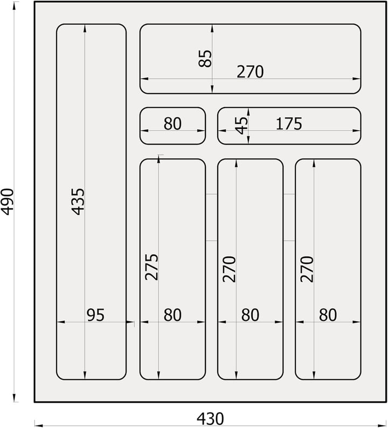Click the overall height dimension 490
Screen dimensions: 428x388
point(7,201)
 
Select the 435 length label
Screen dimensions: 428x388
point(79,201)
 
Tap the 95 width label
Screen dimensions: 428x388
point(95,315)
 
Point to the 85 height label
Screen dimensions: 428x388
point(205,58)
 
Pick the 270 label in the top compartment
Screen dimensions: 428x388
point(250,72)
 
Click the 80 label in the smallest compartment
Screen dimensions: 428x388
point(172,123)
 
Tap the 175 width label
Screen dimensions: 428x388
point(289,123)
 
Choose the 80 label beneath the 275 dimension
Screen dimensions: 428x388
point(172,315)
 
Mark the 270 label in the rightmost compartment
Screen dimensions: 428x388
point(307,269)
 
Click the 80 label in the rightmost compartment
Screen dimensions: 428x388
point(328,315)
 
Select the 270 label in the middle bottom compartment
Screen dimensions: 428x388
point(230,269)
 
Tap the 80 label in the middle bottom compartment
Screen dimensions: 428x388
point(250,315)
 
